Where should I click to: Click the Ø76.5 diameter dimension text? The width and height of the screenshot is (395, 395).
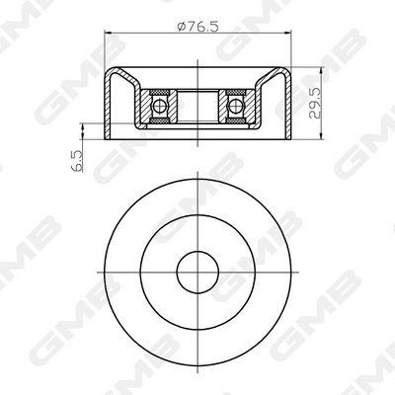point(197,27)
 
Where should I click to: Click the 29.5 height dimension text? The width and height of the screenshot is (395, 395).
point(315,104)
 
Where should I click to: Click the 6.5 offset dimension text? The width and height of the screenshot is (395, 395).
point(77,161)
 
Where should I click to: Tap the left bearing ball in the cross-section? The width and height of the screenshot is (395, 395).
point(160,106)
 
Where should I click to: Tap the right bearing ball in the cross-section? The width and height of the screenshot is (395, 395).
point(235,106)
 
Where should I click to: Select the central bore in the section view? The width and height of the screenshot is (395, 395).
point(197,106)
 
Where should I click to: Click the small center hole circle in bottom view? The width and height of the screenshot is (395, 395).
point(197,273)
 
